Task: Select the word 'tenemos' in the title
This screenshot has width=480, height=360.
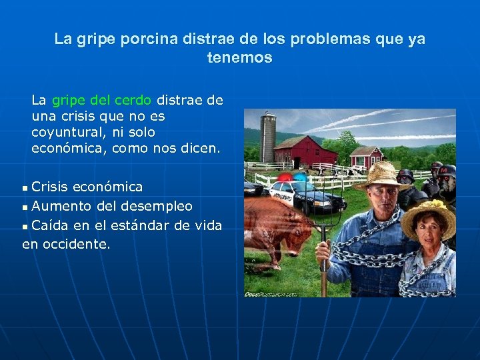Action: coord(239,58)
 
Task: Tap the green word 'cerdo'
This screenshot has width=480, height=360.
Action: coord(133,101)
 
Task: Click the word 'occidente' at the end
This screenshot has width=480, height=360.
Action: coord(75,244)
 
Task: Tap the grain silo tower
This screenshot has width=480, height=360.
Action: coord(268,136)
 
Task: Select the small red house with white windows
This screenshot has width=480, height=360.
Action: coord(366,157)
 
